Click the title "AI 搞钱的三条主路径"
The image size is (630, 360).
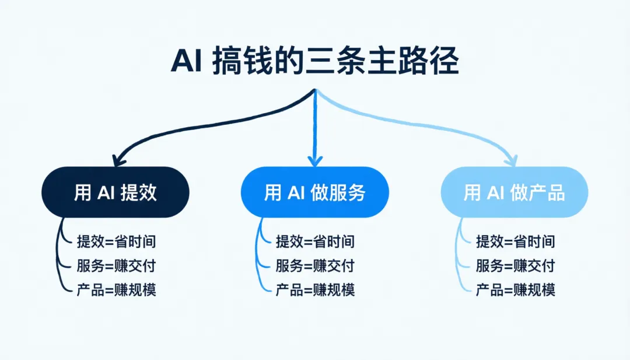315,62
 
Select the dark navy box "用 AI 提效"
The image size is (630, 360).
116,193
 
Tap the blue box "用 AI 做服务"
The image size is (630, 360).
315,193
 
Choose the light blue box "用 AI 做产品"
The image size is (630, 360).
514,193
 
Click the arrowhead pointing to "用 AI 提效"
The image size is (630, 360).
120,158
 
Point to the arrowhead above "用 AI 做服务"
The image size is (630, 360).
315,159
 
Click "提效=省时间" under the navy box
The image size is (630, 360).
116,241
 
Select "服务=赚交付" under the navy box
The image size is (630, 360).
116,265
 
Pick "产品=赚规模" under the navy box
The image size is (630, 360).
116,289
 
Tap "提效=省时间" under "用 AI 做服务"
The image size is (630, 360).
315,241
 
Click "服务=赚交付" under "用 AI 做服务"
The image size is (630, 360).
315,265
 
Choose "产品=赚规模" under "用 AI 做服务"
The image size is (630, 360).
315,289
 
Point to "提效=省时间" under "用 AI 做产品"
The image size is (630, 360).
515,241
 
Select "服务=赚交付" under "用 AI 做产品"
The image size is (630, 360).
515,265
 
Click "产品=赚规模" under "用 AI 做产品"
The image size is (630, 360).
515,289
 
